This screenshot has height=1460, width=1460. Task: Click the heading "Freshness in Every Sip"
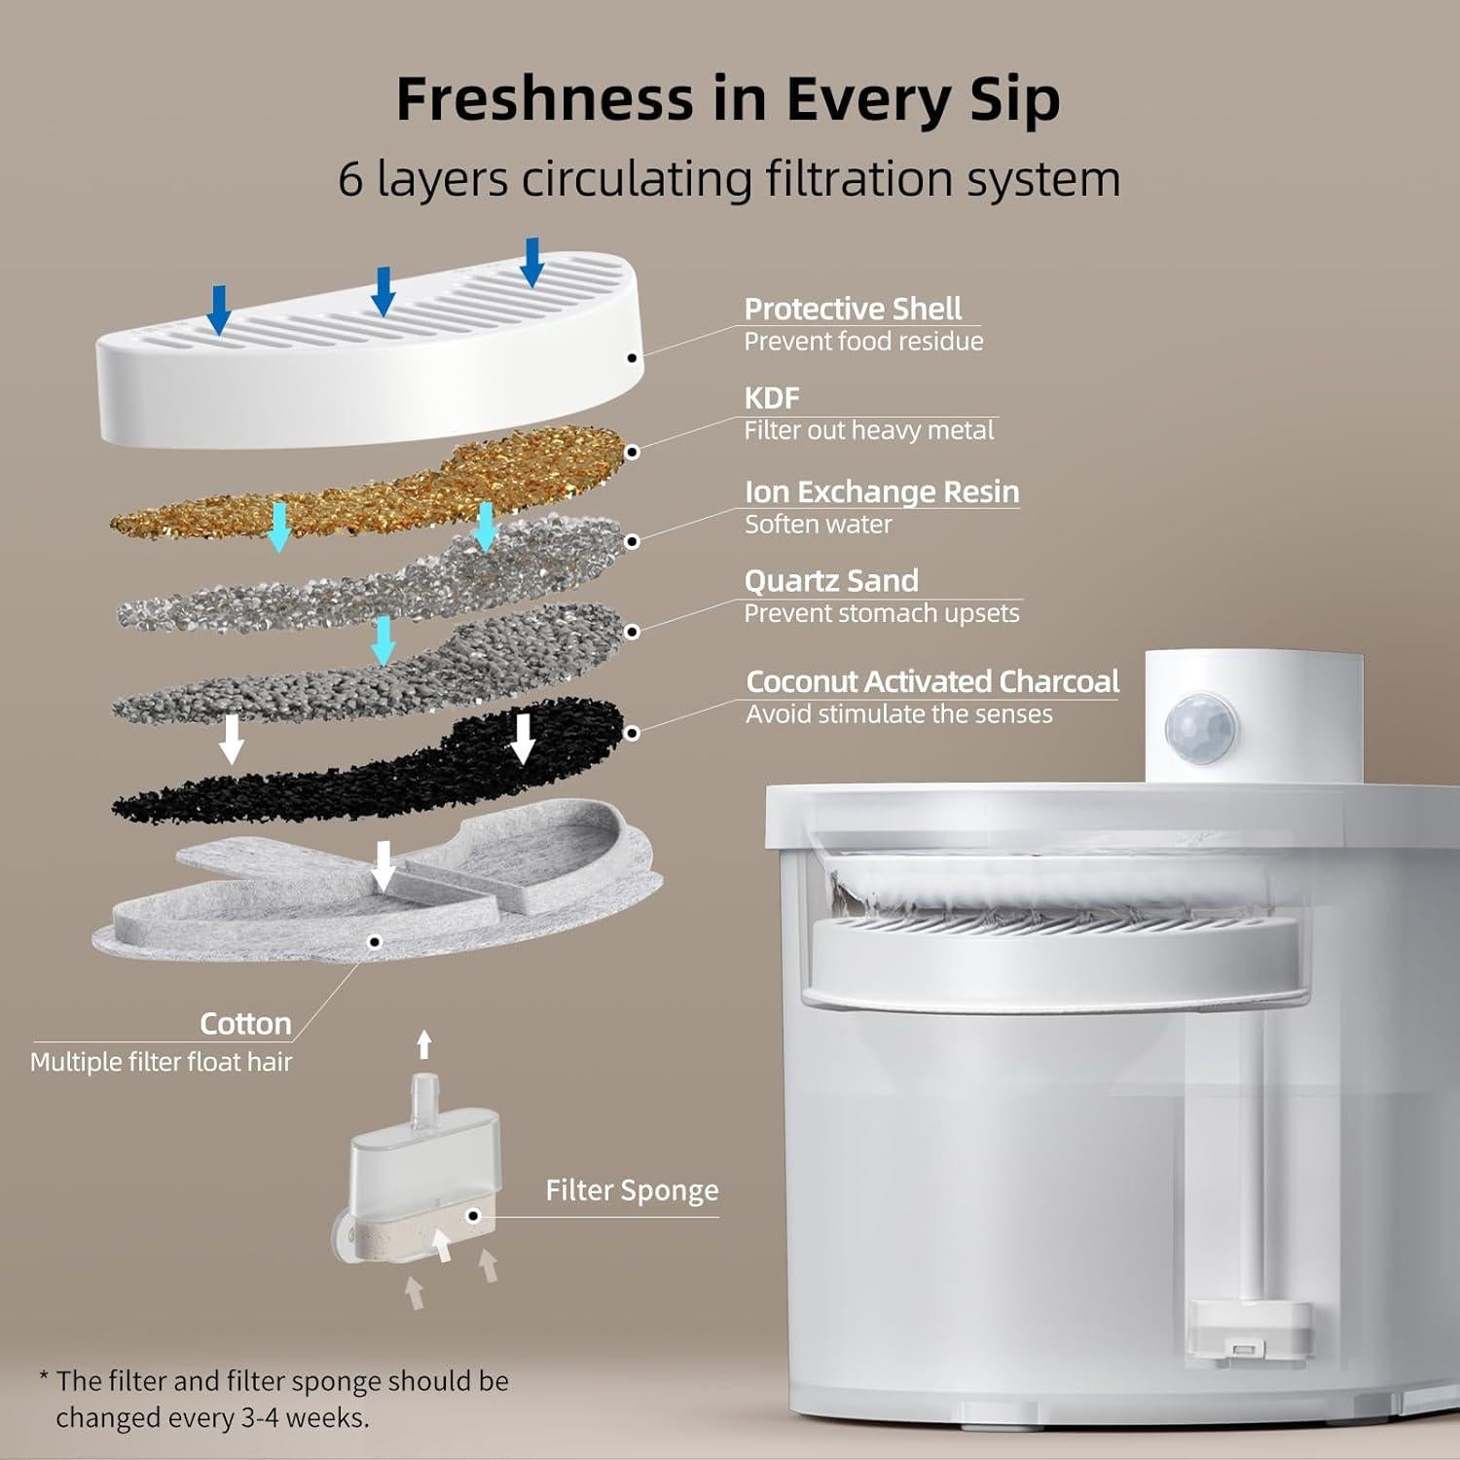tap(727, 99)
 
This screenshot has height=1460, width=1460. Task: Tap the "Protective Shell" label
tap(853, 309)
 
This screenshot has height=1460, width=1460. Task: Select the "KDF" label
tap(772, 398)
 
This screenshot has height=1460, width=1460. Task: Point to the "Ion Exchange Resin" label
tap(881, 492)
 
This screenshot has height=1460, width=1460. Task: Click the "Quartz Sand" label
tap(831, 581)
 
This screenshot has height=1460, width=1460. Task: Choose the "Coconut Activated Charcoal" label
tap(932, 681)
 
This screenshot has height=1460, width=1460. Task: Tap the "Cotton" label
tap(245, 1024)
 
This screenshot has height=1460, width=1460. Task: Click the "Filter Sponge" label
tap(632, 1190)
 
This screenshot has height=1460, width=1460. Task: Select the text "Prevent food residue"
tap(863, 342)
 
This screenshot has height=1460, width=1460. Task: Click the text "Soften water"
tap(818, 525)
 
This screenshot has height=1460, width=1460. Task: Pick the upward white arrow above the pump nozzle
tap(423, 1044)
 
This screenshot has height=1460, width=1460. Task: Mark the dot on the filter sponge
tap(473, 1216)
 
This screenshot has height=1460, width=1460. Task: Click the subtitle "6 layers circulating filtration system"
tap(729, 179)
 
